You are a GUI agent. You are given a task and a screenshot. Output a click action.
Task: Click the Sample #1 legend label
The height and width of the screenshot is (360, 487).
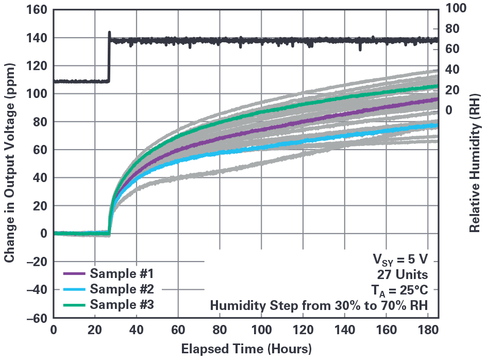122,273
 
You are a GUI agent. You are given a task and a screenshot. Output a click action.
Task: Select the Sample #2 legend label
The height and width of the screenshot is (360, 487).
122,288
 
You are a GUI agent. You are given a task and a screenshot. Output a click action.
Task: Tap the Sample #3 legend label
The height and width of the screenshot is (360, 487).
122,304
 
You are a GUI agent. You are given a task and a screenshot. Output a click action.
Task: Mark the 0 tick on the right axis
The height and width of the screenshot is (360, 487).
449,110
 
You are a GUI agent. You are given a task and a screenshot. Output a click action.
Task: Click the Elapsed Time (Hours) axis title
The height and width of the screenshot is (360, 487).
246,349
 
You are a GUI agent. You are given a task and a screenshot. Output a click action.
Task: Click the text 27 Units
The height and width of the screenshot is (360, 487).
407,273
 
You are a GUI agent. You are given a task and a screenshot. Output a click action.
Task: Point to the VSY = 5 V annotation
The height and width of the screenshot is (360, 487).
401,258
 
